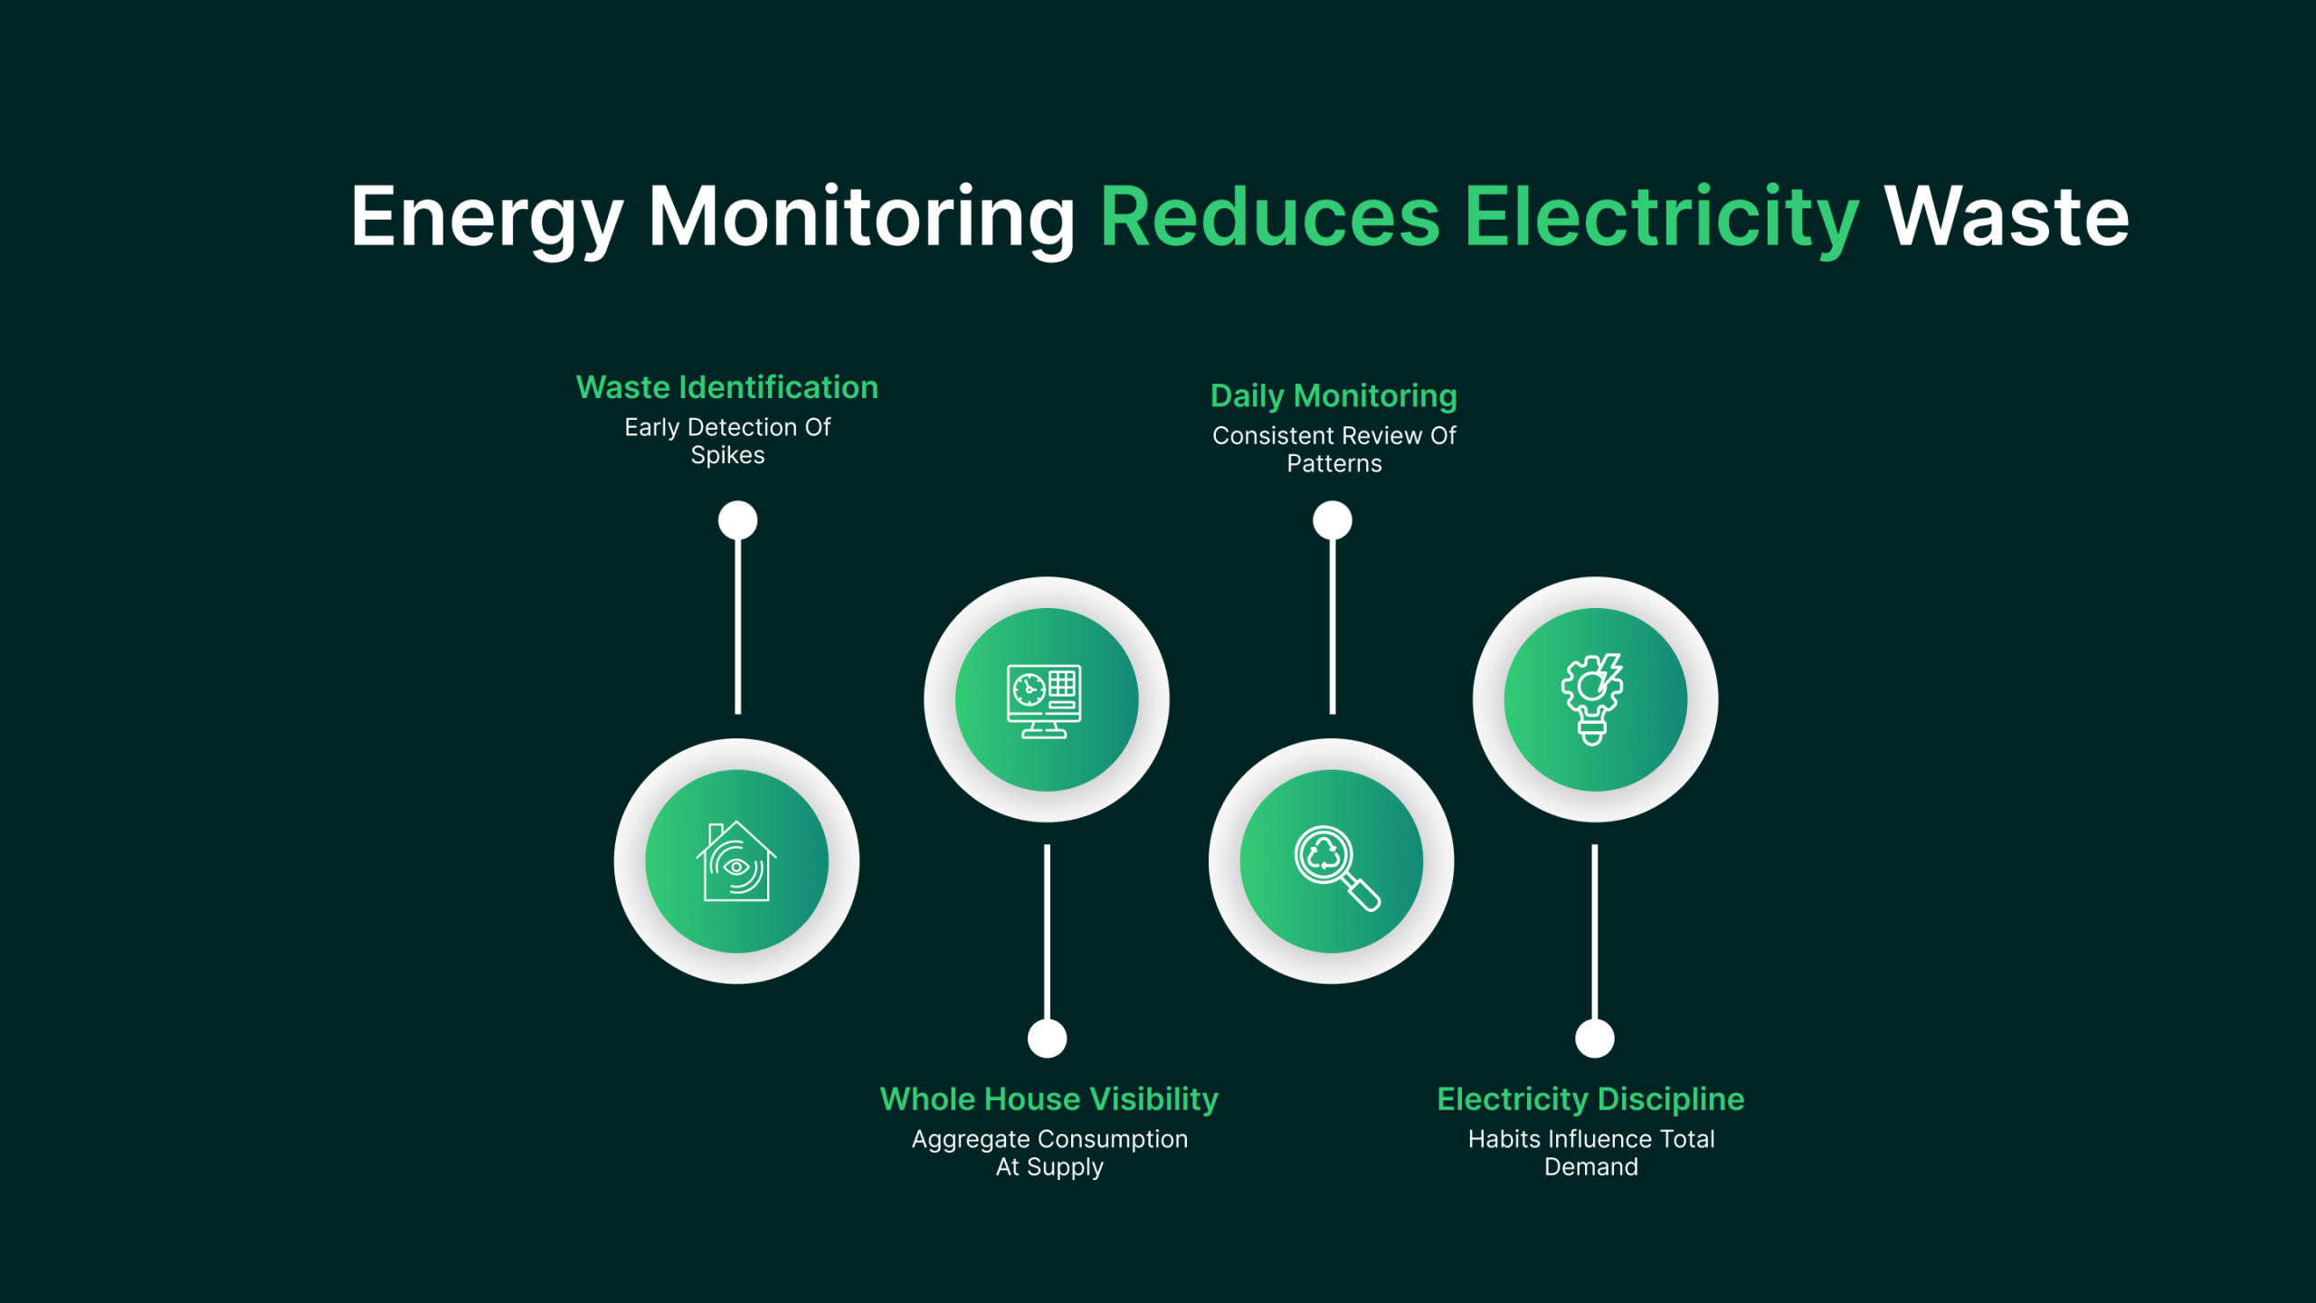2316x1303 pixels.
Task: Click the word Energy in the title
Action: point(487,217)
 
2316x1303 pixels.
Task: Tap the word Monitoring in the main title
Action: point(861,217)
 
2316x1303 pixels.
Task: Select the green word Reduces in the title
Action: point(1269,217)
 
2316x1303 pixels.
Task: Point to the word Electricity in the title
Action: point(1661,217)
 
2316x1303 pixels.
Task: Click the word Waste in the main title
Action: point(2006,217)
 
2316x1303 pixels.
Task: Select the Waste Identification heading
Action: point(727,387)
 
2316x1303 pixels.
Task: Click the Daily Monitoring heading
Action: point(1334,395)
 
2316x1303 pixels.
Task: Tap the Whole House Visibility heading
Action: point(1049,1099)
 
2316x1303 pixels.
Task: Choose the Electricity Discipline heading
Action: point(1590,1099)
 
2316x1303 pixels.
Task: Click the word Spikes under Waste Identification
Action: point(727,455)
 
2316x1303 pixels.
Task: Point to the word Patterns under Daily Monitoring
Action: point(1334,464)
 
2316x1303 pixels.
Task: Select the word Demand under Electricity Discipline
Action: point(1590,1167)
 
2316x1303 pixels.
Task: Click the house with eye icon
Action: point(736,861)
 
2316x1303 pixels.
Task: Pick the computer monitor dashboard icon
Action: point(1046,700)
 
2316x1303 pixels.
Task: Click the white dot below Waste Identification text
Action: point(737,520)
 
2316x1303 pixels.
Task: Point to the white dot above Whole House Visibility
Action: point(1047,1038)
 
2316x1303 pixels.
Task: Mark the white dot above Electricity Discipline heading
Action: point(1594,1038)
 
